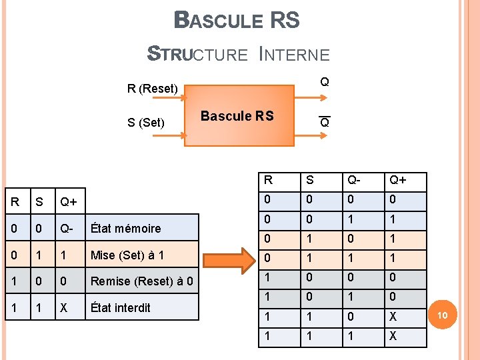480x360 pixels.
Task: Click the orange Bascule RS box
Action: tap(238, 115)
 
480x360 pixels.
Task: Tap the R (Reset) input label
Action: tap(153, 89)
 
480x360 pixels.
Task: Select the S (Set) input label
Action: tap(145, 122)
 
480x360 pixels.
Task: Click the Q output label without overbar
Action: tap(324, 82)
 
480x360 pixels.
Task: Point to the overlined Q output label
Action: tap(324, 123)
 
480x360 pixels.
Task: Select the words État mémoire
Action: tap(125, 228)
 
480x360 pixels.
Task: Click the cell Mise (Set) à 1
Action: tap(127, 255)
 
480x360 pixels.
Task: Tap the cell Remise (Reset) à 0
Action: tap(141, 281)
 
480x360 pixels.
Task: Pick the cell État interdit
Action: tap(120, 308)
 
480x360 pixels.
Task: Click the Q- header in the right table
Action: tap(353, 180)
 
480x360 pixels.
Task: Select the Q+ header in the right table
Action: tap(398, 180)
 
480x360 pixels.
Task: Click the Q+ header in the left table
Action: tap(68, 202)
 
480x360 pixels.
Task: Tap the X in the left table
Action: tap(64, 308)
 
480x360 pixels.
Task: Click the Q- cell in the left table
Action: tap(67, 228)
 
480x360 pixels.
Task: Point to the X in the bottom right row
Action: tap(393, 337)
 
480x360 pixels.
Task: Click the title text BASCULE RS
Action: tap(237, 21)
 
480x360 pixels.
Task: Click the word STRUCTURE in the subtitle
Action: tap(197, 54)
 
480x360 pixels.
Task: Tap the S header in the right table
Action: tap(309, 180)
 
